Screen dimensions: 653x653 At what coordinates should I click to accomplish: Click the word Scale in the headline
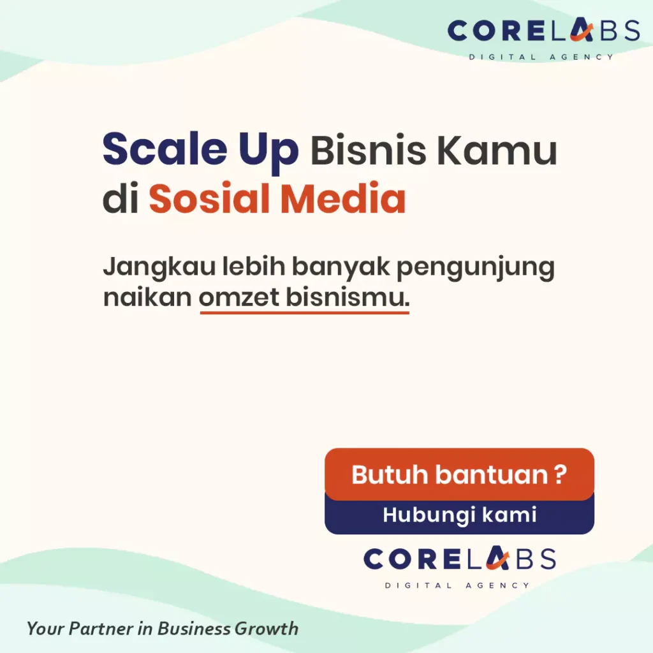pyautogui.click(x=165, y=149)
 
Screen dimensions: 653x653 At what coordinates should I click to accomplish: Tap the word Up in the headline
pyautogui.click(x=268, y=152)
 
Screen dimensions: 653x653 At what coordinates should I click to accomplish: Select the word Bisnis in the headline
pyautogui.click(x=368, y=149)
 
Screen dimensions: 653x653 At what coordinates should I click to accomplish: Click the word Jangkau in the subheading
pyautogui.click(x=159, y=267)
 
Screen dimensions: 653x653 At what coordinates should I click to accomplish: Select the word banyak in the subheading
pyautogui.click(x=341, y=267)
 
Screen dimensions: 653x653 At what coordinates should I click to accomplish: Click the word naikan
pyautogui.click(x=147, y=297)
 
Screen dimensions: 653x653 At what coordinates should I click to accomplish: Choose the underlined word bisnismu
pyautogui.click(x=348, y=297)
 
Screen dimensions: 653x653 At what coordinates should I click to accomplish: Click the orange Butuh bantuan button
pyautogui.click(x=459, y=474)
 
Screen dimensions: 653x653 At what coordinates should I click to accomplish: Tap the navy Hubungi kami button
pyautogui.click(x=459, y=515)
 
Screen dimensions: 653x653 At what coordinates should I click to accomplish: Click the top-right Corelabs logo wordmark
pyautogui.click(x=543, y=31)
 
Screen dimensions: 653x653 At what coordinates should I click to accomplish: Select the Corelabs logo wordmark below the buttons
pyautogui.click(x=460, y=559)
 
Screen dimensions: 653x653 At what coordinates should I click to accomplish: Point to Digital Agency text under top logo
pyautogui.click(x=541, y=57)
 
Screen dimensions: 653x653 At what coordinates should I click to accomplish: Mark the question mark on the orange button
pyautogui.click(x=561, y=474)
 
